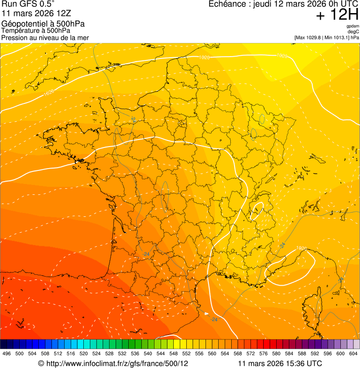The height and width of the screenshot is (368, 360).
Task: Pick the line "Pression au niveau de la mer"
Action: pyautogui.click(x=45, y=37)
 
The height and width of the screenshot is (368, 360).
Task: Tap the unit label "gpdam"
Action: pyautogui.click(x=353, y=26)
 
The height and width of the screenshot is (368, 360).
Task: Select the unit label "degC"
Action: pyautogui.click(x=353, y=31)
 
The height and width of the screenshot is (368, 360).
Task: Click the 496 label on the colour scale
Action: pyautogui.click(x=7, y=353)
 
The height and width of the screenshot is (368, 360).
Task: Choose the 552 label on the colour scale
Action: pyautogui.click(x=186, y=353)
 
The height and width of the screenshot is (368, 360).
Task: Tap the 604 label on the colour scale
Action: pyautogui.click(x=353, y=353)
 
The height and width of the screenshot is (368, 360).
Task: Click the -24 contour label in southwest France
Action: pyautogui.click(x=147, y=254)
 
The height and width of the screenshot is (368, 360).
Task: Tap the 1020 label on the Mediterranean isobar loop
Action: pyautogui.click(x=302, y=248)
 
